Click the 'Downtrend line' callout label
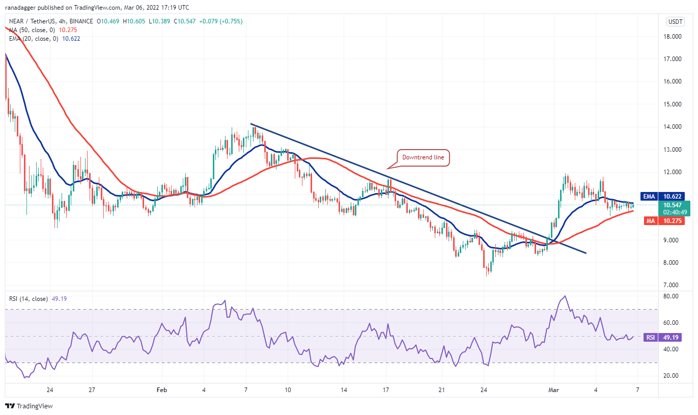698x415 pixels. pos(423,157)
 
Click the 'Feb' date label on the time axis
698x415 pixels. pos(161,390)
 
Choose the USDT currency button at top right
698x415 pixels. pos(675,21)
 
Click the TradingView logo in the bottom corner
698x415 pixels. pos(29,406)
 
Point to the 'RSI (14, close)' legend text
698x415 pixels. pos(28,298)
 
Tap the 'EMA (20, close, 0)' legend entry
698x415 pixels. pos(31,38)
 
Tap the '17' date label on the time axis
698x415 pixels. pos(386,390)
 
